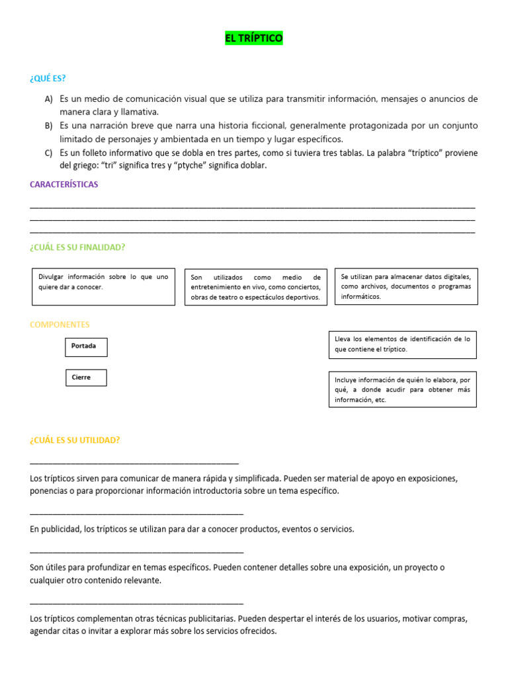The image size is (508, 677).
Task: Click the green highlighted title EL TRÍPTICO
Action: click(x=254, y=39)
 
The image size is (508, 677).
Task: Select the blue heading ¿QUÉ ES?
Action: click(x=48, y=78)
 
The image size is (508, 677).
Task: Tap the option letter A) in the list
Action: click(x=48, y=99)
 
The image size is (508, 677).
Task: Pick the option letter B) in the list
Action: click(x=48, y=126)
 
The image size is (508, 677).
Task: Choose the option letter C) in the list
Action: click(x=48, y=153)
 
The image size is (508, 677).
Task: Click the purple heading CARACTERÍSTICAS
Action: click(x=63, y=184)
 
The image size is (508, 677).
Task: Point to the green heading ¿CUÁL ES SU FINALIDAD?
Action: click(x=77, y=247)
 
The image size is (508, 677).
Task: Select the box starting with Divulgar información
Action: click(x=103, y=286)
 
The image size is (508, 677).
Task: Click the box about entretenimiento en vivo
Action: click(x=255, y=287)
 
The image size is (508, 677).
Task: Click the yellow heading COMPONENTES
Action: click(x=60, y=325)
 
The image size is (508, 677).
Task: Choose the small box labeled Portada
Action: click(x=86, y=346)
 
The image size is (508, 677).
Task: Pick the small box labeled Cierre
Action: click(x=85, y=378)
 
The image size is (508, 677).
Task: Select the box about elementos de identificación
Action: click(x=402, y=344)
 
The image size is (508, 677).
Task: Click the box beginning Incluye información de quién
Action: click(x=402, y=389)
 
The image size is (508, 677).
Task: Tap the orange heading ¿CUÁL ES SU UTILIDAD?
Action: click(x=75, y=440)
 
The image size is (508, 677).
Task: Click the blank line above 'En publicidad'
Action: click(x=136, y=514)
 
